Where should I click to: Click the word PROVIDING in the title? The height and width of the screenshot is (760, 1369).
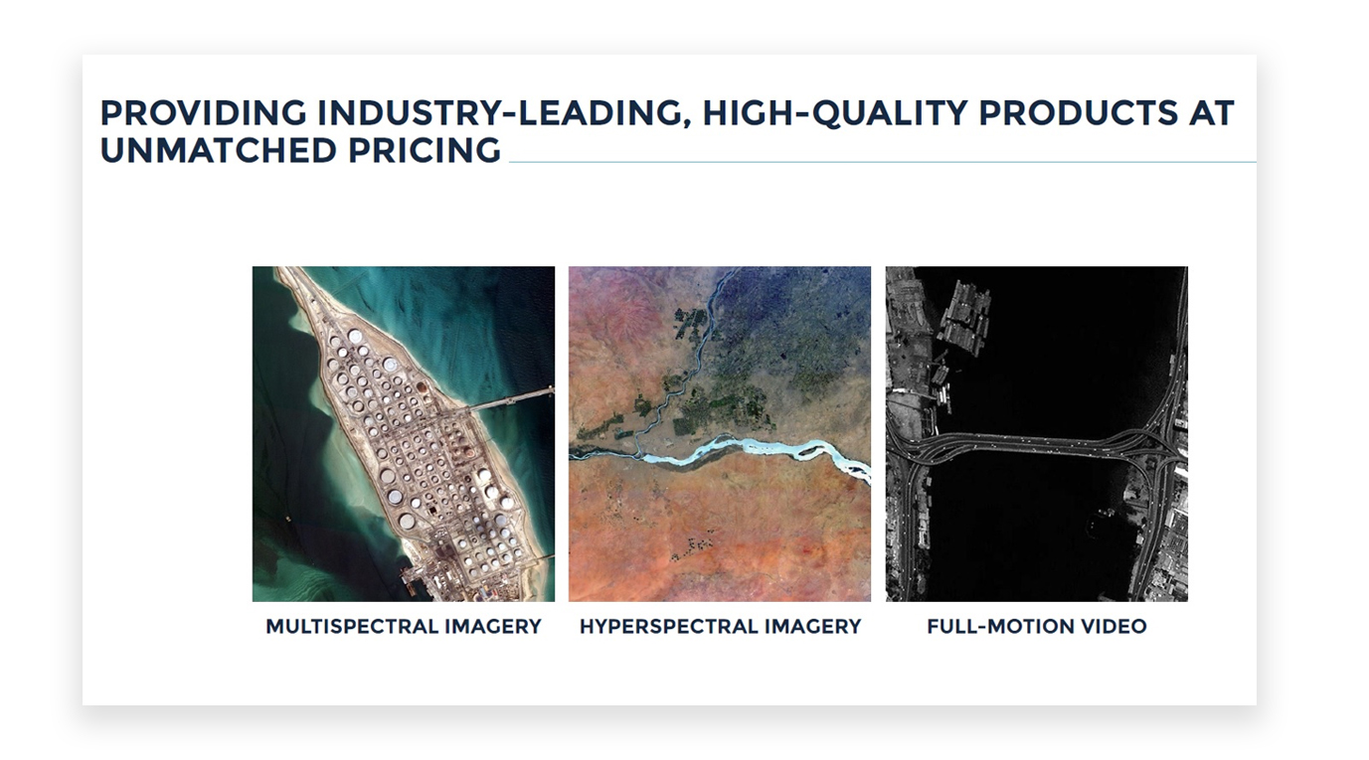203,112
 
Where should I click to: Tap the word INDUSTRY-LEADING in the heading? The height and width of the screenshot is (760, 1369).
504,113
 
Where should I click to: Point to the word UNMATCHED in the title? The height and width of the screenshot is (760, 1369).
218,150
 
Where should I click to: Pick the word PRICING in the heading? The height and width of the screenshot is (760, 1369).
425,150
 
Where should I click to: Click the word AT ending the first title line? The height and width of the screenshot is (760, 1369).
1211,112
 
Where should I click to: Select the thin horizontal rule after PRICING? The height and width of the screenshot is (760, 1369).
883,163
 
